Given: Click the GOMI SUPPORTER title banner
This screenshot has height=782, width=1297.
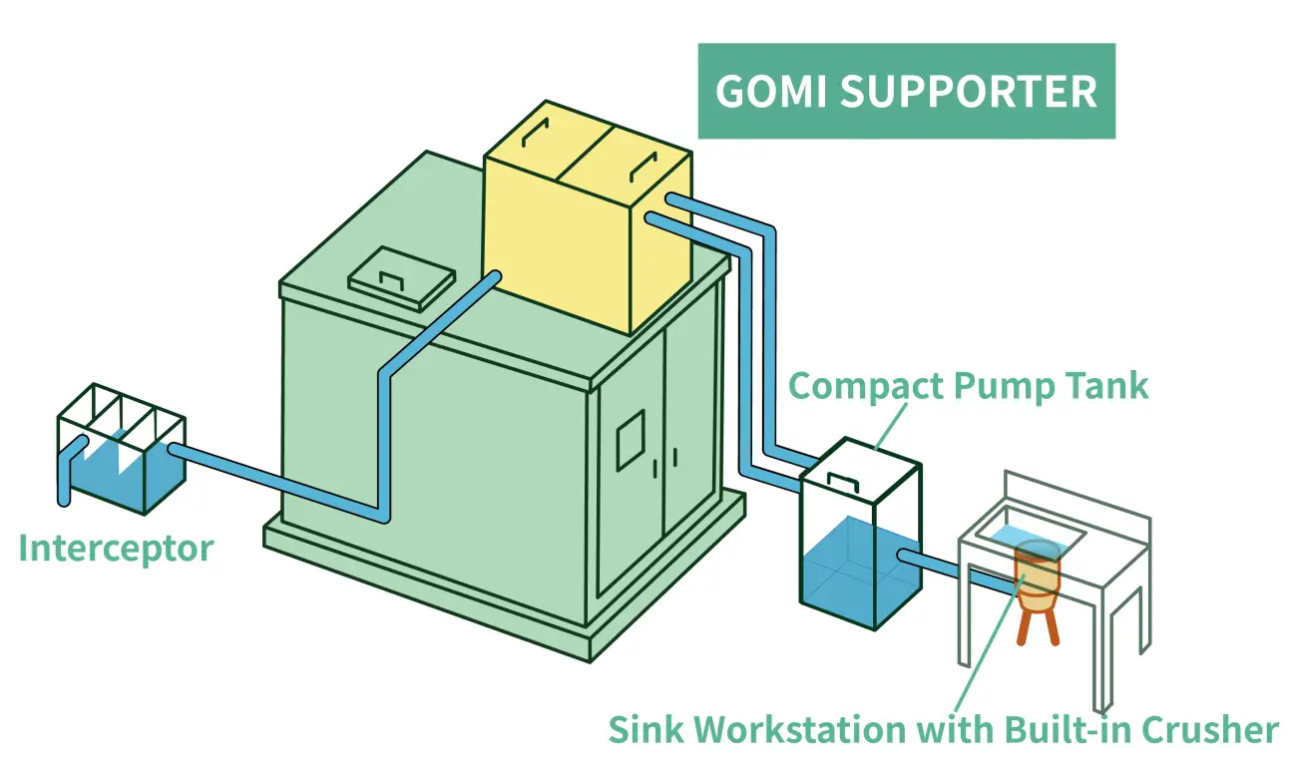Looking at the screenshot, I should (x=906, y=91).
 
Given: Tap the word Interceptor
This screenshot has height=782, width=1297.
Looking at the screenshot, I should (x=116, y=549).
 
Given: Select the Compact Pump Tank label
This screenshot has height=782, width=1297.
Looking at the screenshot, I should (x=968, y=386).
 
